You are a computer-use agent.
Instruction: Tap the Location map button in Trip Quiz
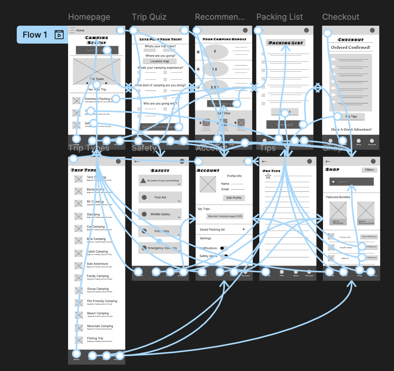[x=160, y=61]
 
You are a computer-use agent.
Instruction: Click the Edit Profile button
[x=234, y=198]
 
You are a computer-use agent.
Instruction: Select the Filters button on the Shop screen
[x=369, y=170]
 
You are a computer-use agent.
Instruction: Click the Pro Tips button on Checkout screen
[x=351, y=117]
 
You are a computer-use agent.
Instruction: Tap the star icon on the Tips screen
[x=268, y=176]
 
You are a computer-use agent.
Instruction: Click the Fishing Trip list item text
[x=95, y=339]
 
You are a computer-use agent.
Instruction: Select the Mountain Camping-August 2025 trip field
[x=225, y=216]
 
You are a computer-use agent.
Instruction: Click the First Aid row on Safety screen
[x=160, y=197]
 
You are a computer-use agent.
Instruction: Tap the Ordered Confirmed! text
[x=350, y=48]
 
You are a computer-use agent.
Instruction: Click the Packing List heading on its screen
[x=285, y=43]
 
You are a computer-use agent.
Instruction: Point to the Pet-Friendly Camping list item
[x=102, y=301]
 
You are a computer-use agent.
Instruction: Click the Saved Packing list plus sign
[x=244, y=229]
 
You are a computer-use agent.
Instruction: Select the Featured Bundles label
[x=338, y=197]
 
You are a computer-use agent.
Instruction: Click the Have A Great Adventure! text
[x=351, y=129]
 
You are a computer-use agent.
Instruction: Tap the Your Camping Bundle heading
[x=224, y=39]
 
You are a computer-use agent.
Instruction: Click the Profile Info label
[x=234, y=176]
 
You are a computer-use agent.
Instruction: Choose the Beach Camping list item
[x=98, y=314]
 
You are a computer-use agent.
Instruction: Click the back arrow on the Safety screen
[x=137, y=161]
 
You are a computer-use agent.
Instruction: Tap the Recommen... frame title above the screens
[x=220, y=17]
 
